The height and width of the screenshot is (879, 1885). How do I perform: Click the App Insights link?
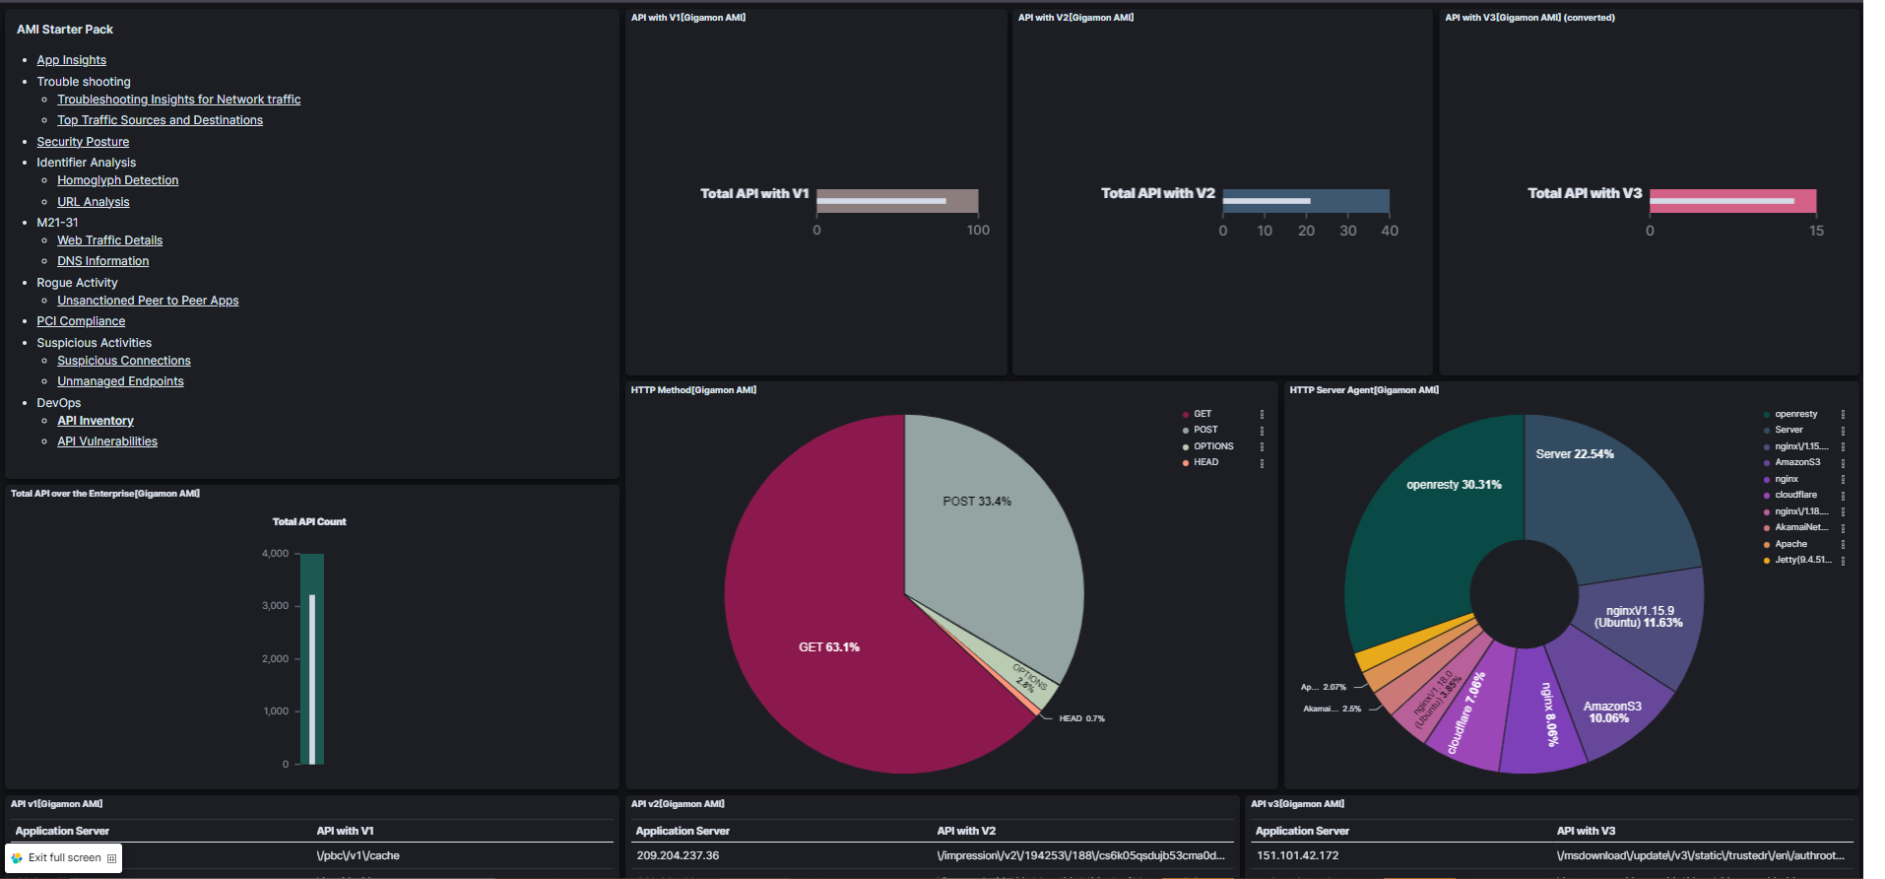[x=71, y=60]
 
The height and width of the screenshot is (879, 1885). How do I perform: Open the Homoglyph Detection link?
[x=117, y=180]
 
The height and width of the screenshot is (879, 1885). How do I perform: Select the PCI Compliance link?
[x=81, y=321]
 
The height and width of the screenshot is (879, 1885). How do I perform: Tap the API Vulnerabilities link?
[x=106, y=441]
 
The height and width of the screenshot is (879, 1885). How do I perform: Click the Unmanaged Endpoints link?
[x=120, y=381]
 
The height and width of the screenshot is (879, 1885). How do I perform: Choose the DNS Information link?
[x=102, y=261]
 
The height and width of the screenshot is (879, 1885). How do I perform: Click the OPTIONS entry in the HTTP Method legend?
[x=1212, y=446]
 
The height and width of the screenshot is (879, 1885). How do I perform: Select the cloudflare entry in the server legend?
[x=1795, y=495]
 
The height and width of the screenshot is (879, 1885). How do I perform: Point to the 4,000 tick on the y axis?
[x=275, y=554]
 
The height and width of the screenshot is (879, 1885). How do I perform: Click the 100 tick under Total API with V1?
[x=978, y=231]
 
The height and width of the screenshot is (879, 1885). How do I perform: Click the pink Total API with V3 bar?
[x=1732, y=201]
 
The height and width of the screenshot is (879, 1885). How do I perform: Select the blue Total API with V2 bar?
[x=1306, y=201]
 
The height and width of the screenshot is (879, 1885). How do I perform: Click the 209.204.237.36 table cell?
[x=678, y=855]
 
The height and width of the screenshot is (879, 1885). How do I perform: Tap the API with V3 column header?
[x=1586, y=831]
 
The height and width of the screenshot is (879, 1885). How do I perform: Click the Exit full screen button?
[x=64, y=857]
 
